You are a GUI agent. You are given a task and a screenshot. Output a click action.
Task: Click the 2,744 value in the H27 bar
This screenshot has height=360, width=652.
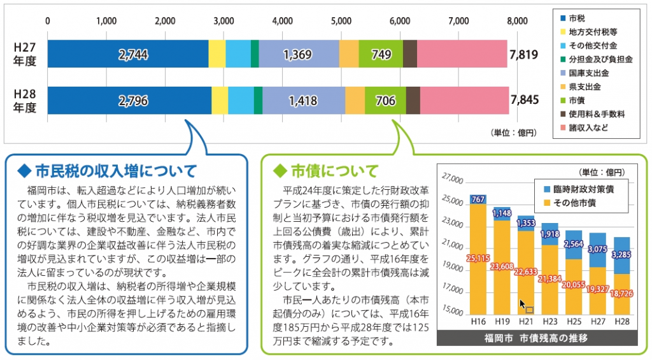pos(133,55)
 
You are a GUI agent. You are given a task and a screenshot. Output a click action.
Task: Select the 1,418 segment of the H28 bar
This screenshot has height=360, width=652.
pos(302,100)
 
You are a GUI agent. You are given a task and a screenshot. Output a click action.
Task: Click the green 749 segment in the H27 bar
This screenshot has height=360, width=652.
pos(381,55)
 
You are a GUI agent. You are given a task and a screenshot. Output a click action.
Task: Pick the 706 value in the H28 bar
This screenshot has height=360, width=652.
pos(385,100)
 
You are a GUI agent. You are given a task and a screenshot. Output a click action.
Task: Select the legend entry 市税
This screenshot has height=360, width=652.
pos(577,17)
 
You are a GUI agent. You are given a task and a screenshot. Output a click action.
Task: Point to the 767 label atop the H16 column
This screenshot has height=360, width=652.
pos(478,200)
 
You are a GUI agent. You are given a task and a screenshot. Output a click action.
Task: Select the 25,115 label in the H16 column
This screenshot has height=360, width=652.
pos(478,258)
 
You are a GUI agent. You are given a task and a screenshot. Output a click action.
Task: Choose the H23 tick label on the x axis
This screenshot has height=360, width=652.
pos(549,322)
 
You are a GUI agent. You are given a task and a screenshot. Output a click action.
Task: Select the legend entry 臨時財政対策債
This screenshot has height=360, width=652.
pos(585,189)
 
